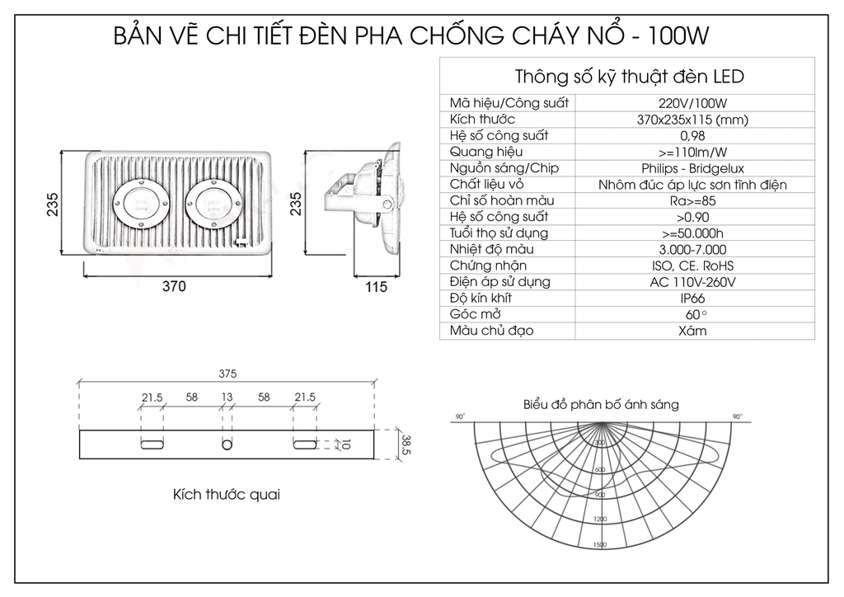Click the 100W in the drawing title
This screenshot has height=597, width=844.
coord(678,37)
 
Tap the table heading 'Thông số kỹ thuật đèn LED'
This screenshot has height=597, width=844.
coord(629,78)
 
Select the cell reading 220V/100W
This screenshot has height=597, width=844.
coord(692,103)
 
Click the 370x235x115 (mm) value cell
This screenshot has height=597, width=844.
coord(692,120)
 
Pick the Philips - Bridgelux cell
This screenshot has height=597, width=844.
coord(692,168)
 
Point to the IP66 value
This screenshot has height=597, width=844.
coord(692,298)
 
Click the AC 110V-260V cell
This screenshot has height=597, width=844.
coord(692,282)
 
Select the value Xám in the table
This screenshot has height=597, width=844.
coord(692,331)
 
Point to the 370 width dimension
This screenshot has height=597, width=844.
coord(173,287)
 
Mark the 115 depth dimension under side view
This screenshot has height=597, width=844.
coord(376,287)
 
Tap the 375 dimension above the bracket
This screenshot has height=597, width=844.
coord(227,373)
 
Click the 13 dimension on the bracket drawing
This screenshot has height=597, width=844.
coord(227,397)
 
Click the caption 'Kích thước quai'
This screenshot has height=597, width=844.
coord(226,495)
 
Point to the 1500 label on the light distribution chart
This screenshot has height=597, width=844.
coord(599,544)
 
